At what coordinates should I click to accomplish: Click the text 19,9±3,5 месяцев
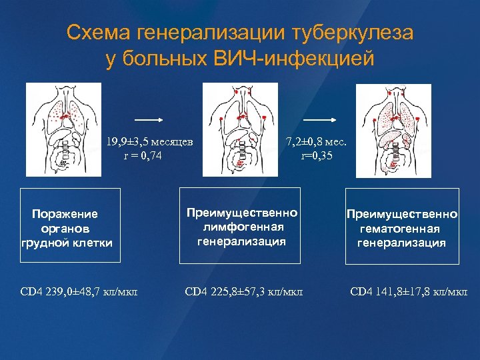[149, 141]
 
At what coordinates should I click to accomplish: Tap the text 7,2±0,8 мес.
[319, 141]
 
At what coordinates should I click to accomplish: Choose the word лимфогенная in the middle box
[241, 227]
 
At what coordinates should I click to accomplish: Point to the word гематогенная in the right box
[401, 229]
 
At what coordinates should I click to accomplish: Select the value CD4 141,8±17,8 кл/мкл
[409, 291]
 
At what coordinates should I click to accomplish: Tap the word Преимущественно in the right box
[401, 215]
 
